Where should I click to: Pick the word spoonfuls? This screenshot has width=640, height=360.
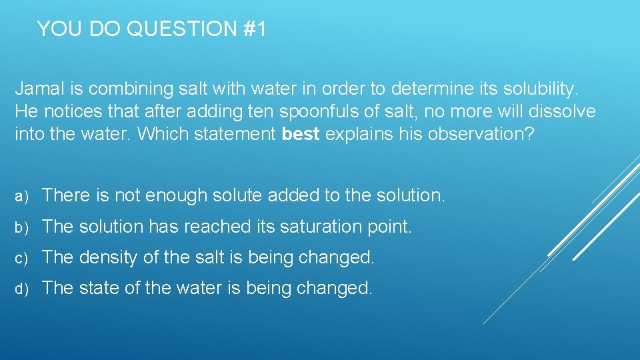coord(339,111)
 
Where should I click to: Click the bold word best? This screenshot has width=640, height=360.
coord(301,134)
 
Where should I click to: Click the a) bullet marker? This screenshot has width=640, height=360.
coord(22,196)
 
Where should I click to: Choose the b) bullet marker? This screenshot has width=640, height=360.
coord(22,227)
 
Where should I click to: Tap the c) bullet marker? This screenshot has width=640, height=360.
coord(22,258)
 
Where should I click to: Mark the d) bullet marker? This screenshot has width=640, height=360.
coord(22,289)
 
